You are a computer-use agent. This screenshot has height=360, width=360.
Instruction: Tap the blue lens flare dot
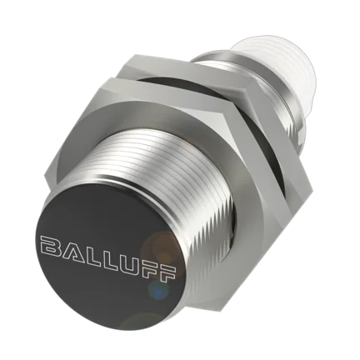[x=158, y=291]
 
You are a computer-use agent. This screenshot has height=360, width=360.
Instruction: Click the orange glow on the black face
[x=161, y=247]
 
